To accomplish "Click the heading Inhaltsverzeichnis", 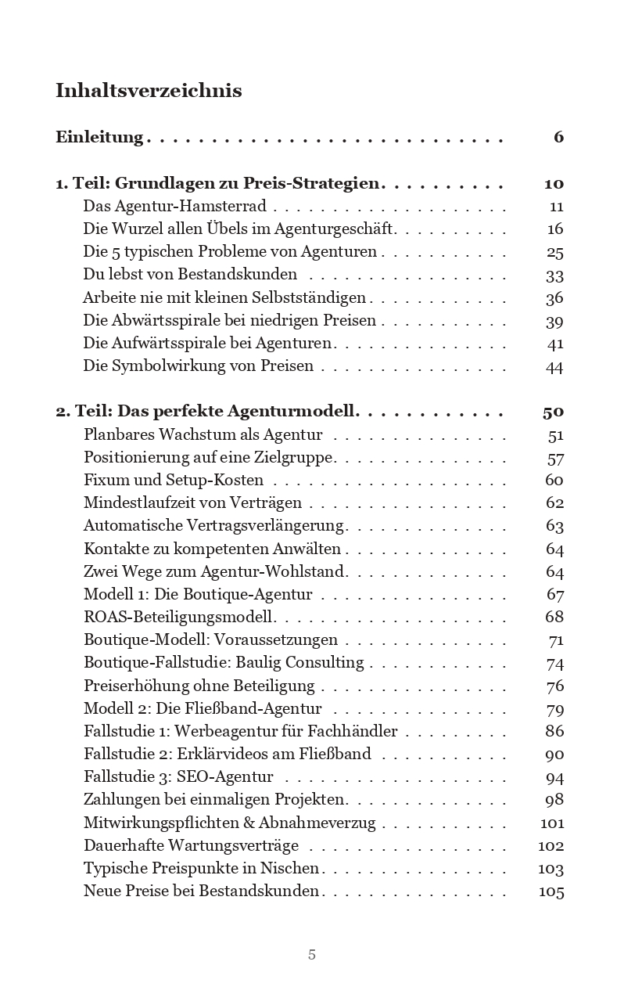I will click(x=149, y=91).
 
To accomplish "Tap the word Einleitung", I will click(x=99, y=138).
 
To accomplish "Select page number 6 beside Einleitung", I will click(x=558, y=138).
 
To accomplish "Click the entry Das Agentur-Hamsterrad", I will click(x=174, y=207).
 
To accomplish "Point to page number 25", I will click(x=554, y=253).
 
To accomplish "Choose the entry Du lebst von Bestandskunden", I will click(x=190, y=275).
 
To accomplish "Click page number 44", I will click(x=554, y=367).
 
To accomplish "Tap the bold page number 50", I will click(x=553, y=412).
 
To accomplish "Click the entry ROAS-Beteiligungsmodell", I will click(x=179, y=617).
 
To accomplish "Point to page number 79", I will click(x=554, y=710).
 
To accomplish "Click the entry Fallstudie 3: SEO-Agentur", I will click(x=178, y=777).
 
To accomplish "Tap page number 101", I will click(x=551, y=823).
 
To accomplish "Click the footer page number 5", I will click(x=312, y=955).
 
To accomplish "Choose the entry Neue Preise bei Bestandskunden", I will click(x=201, y=891).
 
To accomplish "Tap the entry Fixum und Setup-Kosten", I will click(x=174, y=480).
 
